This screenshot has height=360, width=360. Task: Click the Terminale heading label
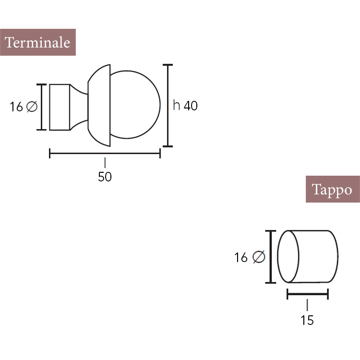pos(37,42)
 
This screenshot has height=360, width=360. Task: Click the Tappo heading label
pos(333,189)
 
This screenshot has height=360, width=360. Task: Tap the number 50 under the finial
pos(105,177)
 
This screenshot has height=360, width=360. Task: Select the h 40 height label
pos(185,106)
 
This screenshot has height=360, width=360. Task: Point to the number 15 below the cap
pos(307,320)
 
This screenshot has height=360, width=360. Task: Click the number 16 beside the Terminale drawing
pos(16,107)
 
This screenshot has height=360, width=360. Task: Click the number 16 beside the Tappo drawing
pos(241,257)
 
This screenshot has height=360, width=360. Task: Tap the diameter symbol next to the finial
pos(32,107)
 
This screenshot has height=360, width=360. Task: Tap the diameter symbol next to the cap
pos(259,257)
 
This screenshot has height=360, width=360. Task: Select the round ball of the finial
pos(160,105)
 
